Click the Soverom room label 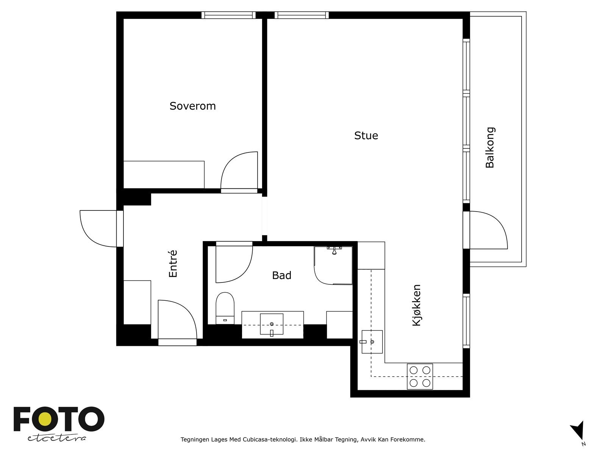coord(192,106)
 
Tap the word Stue coord(366,136)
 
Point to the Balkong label coord(490,147)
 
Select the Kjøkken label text coord(417,305)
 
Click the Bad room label coord(282,275)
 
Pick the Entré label coord(173,264)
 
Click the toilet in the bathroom coord(225,308)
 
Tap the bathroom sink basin coord(272,324)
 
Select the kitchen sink coord(372,342)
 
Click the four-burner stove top coord(420,377)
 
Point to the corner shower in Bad coord(333,265)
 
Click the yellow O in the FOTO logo coord(45,419)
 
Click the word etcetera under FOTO coord(56,438)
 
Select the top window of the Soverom coord(229,15)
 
